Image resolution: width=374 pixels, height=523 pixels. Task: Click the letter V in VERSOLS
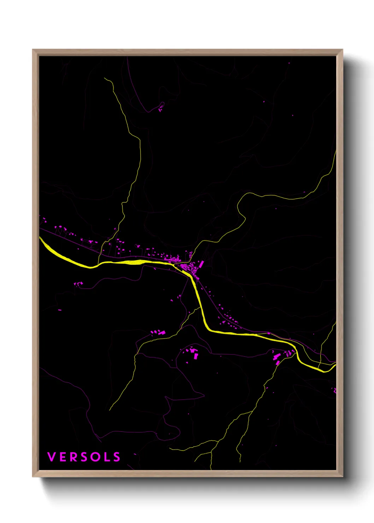52,457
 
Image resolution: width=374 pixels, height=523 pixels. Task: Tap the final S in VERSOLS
116,457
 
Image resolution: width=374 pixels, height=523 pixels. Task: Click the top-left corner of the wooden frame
33,50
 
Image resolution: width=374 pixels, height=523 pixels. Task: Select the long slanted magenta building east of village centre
201,264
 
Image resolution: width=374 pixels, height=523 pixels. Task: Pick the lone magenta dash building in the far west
60,310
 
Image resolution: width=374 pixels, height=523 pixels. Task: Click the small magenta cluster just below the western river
78,283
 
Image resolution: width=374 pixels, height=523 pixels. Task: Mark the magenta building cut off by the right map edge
334,390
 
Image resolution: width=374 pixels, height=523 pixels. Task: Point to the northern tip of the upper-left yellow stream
105,78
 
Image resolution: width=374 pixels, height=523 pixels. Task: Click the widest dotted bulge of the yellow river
136,262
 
